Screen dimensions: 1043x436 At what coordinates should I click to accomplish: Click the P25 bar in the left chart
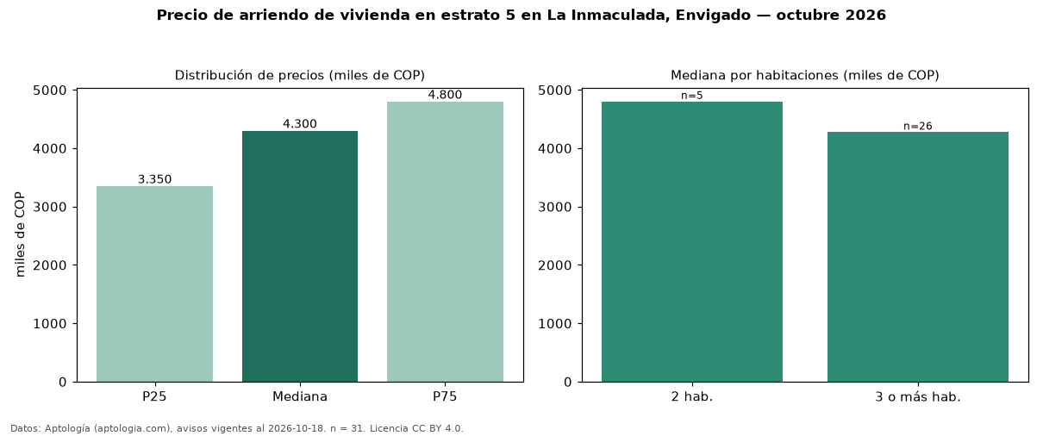154,283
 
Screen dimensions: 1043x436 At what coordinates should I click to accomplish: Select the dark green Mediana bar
300,257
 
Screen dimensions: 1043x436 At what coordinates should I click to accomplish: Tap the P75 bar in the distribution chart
445,242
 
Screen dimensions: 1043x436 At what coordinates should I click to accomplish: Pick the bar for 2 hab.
692,242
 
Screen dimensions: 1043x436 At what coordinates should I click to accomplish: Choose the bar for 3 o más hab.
918,257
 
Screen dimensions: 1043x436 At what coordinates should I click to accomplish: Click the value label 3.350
154,179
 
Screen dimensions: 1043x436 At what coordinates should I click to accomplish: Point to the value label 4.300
300,124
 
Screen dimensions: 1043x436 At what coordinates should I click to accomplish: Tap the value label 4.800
445,95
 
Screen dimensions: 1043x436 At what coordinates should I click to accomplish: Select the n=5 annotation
692,96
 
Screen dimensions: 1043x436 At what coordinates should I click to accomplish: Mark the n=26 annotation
918,126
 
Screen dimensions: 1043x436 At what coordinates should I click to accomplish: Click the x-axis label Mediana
300,396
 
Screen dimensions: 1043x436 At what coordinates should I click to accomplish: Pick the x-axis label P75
445,396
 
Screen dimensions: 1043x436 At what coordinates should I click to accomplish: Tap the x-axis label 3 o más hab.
918,397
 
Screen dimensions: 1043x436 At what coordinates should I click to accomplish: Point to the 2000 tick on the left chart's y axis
50,265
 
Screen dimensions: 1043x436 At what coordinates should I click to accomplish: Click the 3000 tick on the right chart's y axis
554,207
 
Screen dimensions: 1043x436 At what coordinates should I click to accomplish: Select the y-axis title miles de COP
20,234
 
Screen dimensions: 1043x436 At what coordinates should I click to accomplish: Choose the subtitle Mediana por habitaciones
754,75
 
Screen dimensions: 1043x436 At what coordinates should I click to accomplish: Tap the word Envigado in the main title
713,16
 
